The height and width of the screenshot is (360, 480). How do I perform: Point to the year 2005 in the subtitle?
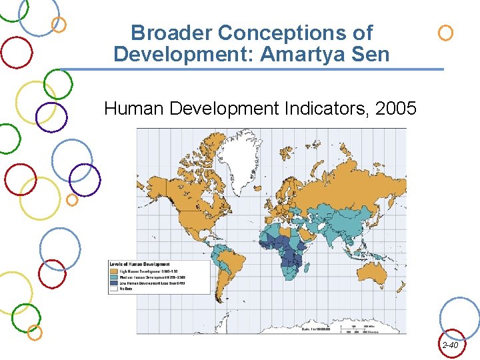(x=396, y=107)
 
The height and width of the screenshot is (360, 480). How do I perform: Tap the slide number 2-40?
(x=450, y=345)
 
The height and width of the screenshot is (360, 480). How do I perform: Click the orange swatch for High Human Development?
(x=113, y=271)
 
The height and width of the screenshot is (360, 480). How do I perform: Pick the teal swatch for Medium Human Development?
(x=113, y=277)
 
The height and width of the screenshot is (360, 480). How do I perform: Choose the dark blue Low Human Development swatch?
(x=113, y=283)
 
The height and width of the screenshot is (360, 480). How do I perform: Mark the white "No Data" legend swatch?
(x=113, y=289)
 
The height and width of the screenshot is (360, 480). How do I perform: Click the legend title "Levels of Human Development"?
(x=139, y=265)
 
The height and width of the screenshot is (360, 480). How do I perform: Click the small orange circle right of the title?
(x=445, y=32)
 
